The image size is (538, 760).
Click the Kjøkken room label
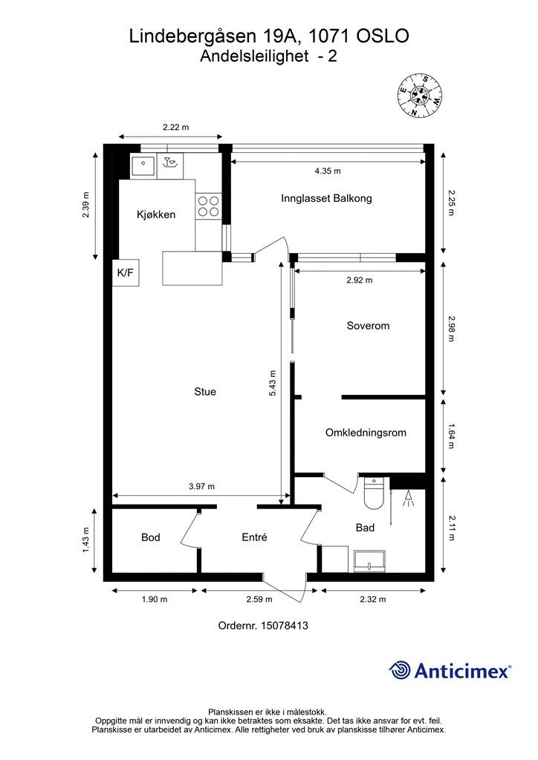156,214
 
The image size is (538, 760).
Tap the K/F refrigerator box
126,272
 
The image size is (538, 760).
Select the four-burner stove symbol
209,206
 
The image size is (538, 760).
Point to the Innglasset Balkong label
326,198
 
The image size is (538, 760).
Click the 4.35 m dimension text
328,171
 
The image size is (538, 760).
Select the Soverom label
368,326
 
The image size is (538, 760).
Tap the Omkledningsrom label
366,433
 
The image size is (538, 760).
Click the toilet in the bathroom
374,494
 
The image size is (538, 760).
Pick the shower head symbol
409,499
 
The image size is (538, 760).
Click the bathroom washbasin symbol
369,561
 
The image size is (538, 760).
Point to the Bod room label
150,537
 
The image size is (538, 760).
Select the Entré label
254,537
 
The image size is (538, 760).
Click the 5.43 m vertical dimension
272,384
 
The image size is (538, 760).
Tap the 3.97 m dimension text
201,486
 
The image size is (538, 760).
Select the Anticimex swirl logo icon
400,670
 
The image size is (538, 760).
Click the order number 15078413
285,625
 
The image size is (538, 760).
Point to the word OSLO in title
383,36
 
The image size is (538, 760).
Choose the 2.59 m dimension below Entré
259,599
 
